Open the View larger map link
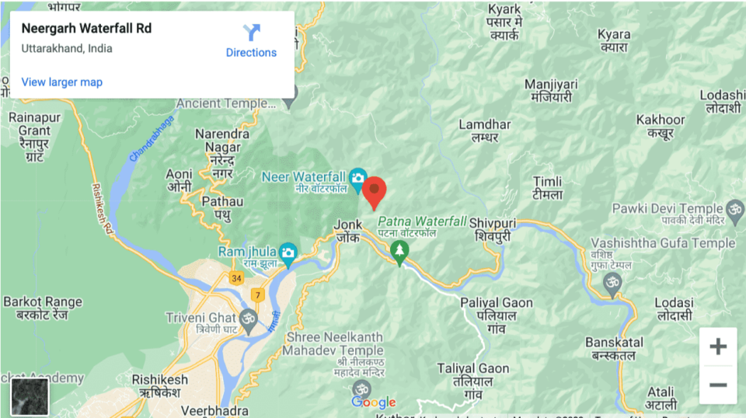pos(62,82)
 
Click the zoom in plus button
pos(718,347)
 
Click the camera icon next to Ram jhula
pos(288,252)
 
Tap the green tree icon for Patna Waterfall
pos(399,252)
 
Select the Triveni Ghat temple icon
pos(249,319)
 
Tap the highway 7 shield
pos(257,295)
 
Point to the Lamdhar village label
pos(484,131)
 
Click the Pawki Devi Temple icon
pos(734,208)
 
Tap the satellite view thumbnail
pos(30,397)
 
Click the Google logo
pos(374,402)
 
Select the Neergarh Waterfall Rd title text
pos(86,29)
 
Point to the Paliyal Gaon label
pos(496,309)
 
